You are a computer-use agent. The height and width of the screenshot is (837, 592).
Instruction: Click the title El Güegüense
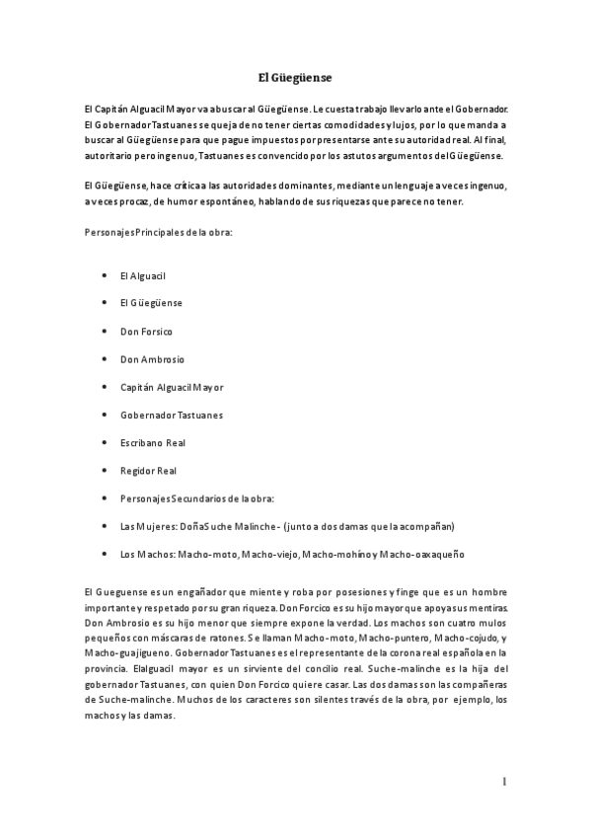(x=295, y=76)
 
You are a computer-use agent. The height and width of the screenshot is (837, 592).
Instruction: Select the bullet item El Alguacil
(x=142, y=274)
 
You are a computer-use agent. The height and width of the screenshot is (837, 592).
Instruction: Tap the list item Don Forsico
(x=146, y=331)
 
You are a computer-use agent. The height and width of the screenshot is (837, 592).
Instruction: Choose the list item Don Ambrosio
(x=152, y=358)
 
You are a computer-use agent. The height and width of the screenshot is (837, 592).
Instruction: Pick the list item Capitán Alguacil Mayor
(x=172, y=387)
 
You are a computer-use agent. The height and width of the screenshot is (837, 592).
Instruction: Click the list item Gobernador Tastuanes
(x=171, y=415)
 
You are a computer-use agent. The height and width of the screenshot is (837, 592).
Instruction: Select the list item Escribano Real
(x=152, y=442)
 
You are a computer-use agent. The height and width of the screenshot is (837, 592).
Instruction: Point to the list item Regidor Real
(x=148, y=471)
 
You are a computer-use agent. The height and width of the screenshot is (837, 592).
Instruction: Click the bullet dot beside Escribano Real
(x=106, y=442)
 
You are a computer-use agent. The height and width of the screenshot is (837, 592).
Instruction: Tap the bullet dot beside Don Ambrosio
(x=106, y=358)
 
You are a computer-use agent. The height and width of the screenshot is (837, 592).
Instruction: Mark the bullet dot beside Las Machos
(x=106, y=554)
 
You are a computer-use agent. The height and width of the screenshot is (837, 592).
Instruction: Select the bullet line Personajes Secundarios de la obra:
(x=196, y=498)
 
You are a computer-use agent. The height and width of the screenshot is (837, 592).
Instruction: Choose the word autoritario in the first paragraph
(x=111, y=156)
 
